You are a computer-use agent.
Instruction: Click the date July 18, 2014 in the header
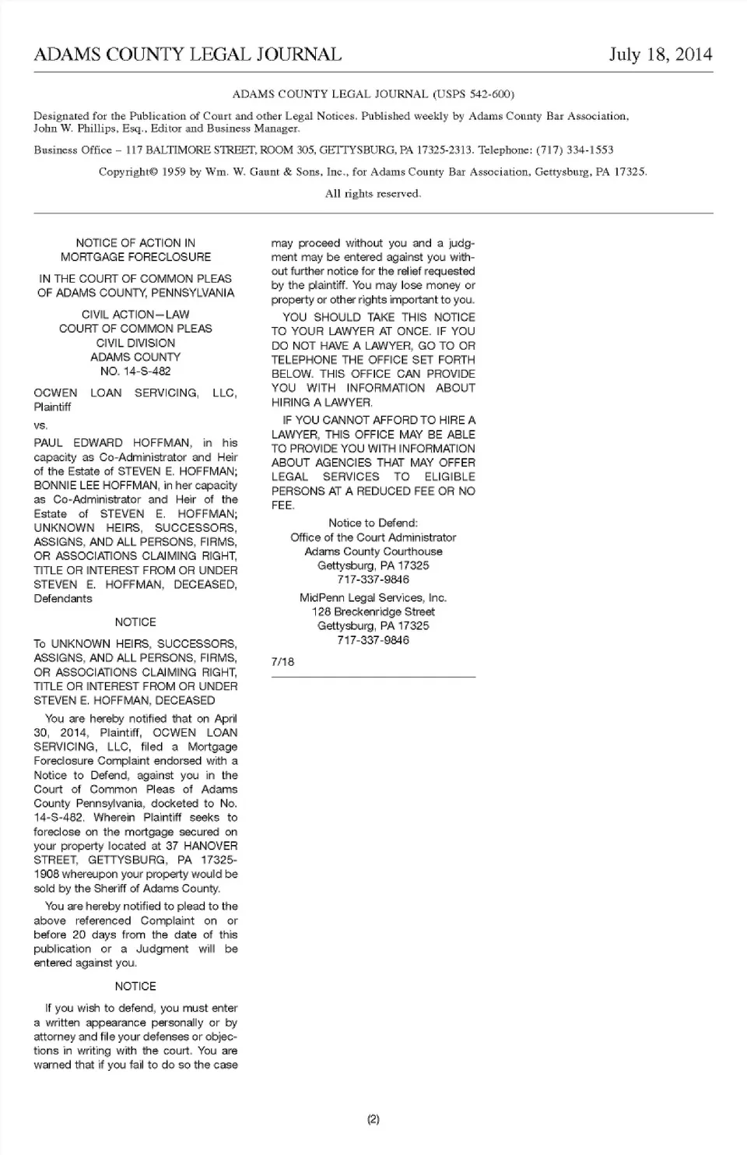coord(660,55)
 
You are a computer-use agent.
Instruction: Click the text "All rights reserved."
coord(373,193)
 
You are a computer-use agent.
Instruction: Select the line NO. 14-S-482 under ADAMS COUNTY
coord(135,372)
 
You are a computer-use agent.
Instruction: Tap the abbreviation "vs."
coord(40,425)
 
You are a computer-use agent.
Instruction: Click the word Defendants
coord(63,599)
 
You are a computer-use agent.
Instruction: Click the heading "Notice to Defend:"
coord(373,523)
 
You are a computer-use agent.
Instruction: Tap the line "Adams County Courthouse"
coord(373,551)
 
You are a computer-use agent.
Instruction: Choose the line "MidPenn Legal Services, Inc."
coord(373,598)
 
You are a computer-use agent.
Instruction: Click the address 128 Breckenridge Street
coord(373,612)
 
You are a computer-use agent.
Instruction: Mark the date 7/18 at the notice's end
coord(282,662)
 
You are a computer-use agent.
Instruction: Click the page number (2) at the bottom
coord(373,1120)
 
